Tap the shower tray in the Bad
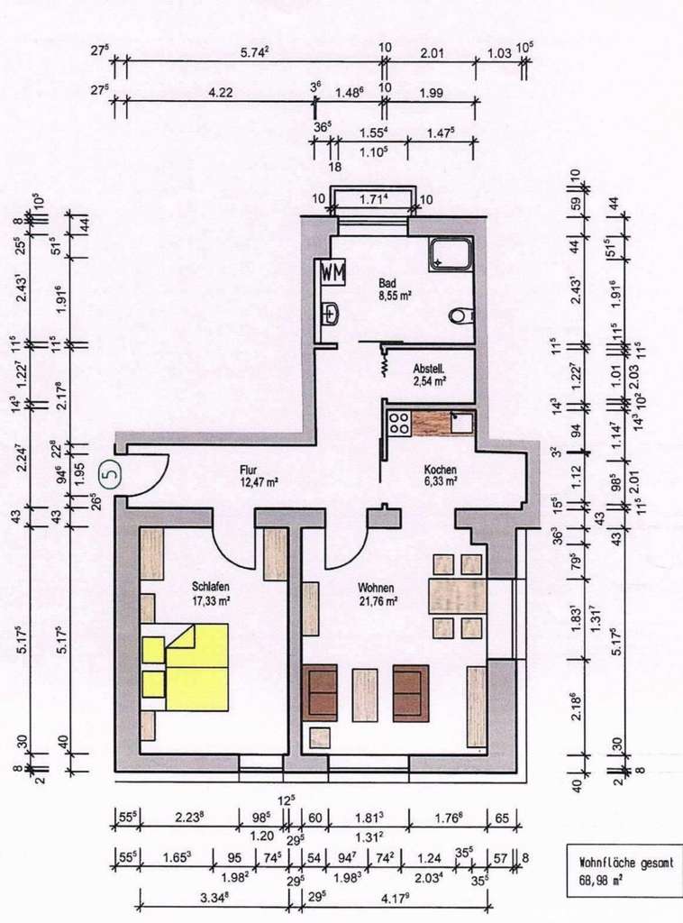pos(451,254)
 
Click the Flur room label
pos(250,470)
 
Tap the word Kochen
pos(441,471)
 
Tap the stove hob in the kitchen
pos(396,423)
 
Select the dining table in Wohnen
pos(457,596)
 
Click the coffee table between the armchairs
pos(365,694)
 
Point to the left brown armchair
pos(320,692)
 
